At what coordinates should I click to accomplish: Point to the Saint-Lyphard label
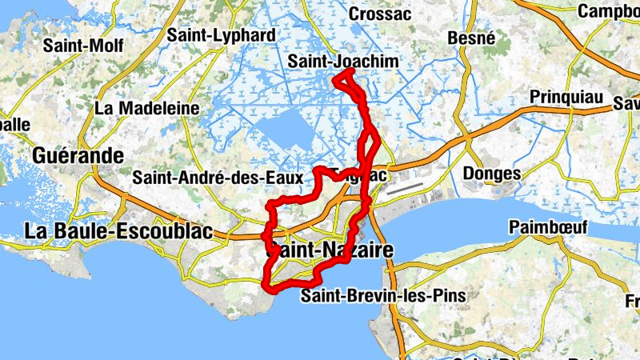[x=222, y=35]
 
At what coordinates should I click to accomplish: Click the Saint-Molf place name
[x=83, y=45]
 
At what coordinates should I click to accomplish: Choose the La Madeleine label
[x=146, y=107]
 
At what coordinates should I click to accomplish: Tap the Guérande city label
[x=78, y=155]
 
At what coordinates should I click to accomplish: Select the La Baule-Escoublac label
[x=118, y=231]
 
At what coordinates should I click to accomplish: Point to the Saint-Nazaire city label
[x=328, y=250]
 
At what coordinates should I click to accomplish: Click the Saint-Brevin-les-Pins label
[x=382, y=297]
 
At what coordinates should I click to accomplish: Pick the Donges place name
[x=490, y=174]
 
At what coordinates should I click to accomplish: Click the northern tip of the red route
[x=352, y=70]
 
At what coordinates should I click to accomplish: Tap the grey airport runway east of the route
[x=407, y=186]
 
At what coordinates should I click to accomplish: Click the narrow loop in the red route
[x=369, y=145]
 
